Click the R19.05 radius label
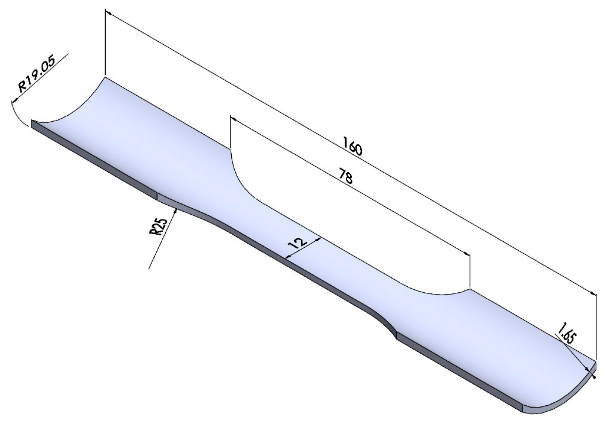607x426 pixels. [37, 74]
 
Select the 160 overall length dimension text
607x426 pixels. [352, 146]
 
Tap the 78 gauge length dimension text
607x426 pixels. [345, 176]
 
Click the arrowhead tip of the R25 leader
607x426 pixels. [176, 210]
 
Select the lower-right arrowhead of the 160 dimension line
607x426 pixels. [593, 294]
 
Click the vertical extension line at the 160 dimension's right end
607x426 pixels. [595, 327]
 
